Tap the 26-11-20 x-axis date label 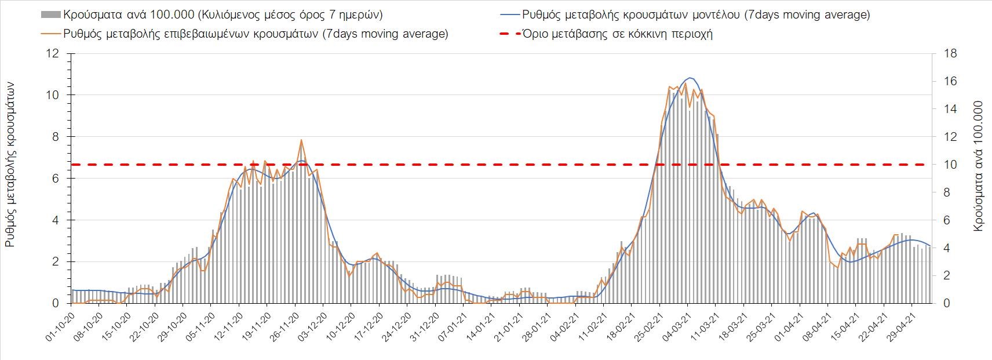(x=283, y=328)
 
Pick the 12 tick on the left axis (x=53, y=54)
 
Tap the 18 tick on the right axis (x=950, y=54)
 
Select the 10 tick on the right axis (x=950, y=165)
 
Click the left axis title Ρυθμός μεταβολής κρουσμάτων (x=10, y=165)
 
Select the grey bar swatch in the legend (x=50, y=14)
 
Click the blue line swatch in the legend (x=509, y=14)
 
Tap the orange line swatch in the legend (x=50, y=34)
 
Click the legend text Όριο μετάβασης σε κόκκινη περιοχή (x=618, y=34)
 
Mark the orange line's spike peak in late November (x=301, y=140)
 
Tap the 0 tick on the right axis (x=947, y=303)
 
